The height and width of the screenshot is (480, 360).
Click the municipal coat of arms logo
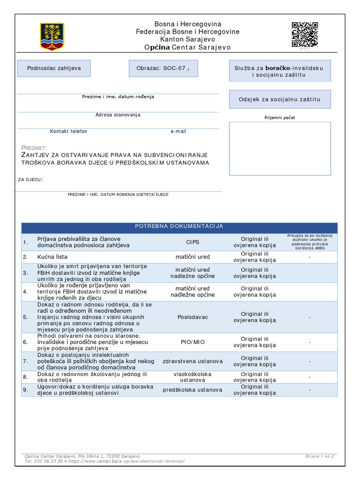tap(52, 37)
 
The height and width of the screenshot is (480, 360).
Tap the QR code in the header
tap(305, 34)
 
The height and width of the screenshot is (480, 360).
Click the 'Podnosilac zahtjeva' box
tap(54, 68)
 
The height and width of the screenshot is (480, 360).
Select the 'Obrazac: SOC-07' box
tap(163, 68)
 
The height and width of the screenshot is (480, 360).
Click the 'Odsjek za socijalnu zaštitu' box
tap(280, 99)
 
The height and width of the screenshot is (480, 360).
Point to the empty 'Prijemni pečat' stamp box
tap(280, 149)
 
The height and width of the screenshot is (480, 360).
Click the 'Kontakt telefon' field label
tap(68, 131)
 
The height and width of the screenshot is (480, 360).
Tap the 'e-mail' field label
tap(178, 131)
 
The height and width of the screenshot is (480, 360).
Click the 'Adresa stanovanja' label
tap(118, 115)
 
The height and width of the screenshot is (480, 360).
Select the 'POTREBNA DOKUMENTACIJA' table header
tap(179, 226)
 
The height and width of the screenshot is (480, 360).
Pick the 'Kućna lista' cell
tap(52, 257)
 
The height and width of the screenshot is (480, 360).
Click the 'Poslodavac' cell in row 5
tap(193, 317)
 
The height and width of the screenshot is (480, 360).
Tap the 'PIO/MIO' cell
tap(193, 342)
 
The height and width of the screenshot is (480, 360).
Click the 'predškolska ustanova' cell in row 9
tap(193, 390)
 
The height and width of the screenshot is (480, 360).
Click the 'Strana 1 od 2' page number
tap(320, 456)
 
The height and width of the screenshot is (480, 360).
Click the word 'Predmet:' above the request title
tap(34, 148)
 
